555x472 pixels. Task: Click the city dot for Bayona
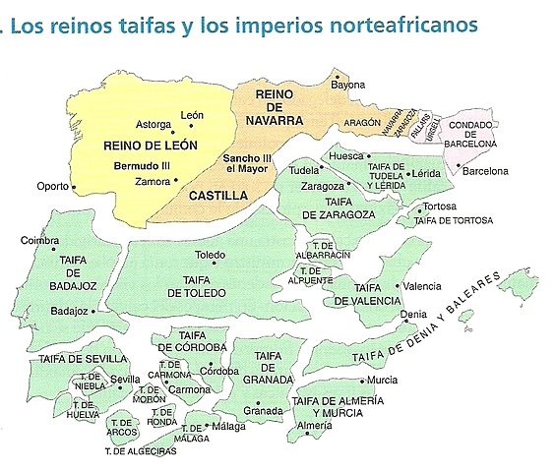337,76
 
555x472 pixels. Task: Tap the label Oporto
54,186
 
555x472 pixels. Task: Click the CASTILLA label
217,196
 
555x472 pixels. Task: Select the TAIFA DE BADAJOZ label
71,273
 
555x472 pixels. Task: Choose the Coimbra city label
39,240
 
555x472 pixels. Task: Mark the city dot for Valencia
398,286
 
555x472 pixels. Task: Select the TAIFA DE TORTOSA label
453,221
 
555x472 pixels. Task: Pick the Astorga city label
153,124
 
